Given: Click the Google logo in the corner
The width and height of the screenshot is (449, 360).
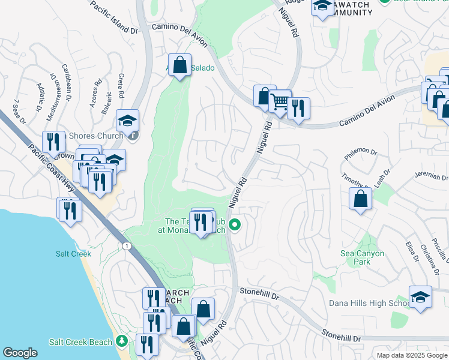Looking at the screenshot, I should [20, 353].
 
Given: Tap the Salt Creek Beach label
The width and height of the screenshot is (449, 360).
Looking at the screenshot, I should [80, 342].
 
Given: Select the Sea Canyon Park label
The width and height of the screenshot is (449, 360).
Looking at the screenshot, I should [362, 257].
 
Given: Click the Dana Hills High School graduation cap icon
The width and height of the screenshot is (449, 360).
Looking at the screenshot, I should [420, 296].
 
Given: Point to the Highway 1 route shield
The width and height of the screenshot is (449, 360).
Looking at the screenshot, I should [126, 246].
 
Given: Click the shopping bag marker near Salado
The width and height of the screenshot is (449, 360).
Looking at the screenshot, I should [179, 64].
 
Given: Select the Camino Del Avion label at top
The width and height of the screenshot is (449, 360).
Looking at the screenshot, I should [179, 35].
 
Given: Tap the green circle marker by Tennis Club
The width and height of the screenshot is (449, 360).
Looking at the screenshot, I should [235, 226].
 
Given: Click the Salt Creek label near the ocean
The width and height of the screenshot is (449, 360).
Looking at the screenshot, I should [73, 254].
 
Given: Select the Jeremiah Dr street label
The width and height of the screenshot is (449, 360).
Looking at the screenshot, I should [430, 177].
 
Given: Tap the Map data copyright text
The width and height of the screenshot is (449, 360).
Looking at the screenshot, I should [411, 355].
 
